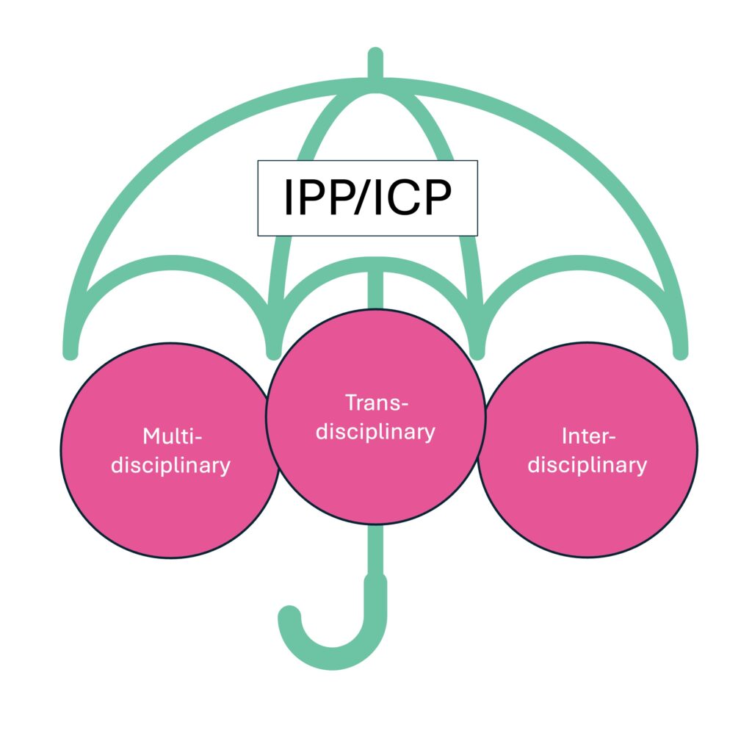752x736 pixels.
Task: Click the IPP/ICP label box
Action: [367, 198]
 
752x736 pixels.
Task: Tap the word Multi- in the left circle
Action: [171, 436]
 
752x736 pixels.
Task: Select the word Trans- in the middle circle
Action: [375, 403]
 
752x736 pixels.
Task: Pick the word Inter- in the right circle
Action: [587, 436]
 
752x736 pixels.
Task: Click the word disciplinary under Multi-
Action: [171, 465]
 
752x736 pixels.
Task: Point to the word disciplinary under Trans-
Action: [375, 431]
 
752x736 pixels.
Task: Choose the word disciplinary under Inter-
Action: [587, 465]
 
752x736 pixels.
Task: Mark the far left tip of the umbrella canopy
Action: [70, 353]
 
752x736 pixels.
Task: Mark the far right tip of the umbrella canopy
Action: [681, 353]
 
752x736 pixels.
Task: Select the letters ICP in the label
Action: [413, 198]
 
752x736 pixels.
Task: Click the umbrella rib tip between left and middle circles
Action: [274, 351]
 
